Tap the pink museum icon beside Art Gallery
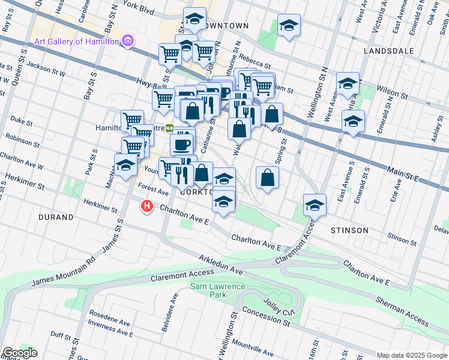pyautogui.click(x=127, y=41)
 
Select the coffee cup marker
pyautogui.click(x=182, y=144)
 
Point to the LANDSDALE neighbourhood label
pyautogui.click(x=388, y=51)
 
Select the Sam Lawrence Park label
pyautogui.click(x=218, y=290)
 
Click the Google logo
pyautogui.click(x=20, y=353)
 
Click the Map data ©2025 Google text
pyautogui.click(x=411, y=355)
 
